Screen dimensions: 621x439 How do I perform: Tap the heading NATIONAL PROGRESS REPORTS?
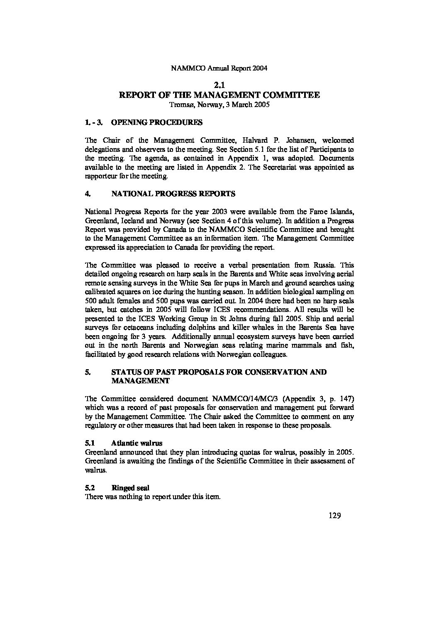point(173,193)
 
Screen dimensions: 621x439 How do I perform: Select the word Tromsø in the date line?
point(180,105)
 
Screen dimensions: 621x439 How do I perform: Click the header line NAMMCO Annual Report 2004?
point(219,69)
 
